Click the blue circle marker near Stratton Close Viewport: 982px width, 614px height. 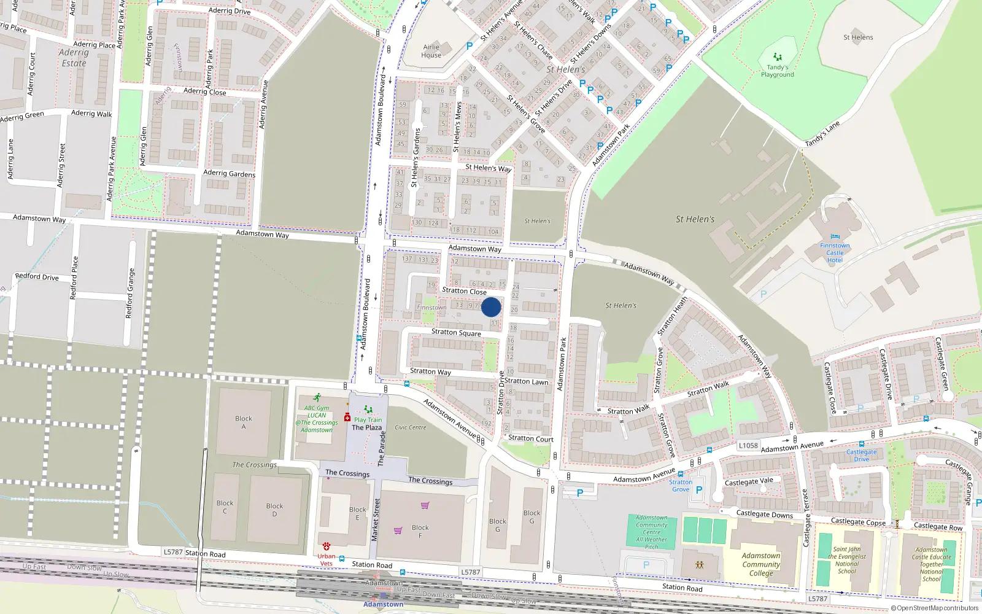[490, 307]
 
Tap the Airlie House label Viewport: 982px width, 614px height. [431, 51]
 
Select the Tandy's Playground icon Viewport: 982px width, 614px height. [778, 57]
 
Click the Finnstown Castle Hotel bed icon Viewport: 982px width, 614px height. [835, 237]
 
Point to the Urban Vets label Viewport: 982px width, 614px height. [326, 559]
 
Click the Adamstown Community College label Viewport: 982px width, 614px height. [761, 564]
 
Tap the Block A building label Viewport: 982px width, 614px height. [244, 422]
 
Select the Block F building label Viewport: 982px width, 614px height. [420, 531]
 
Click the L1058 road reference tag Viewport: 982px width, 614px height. [748, 446]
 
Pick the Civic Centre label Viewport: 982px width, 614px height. [411, 427]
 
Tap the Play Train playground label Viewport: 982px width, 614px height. [368, 420]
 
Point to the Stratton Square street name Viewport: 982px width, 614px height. [456, 332]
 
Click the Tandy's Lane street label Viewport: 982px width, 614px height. [822, 134]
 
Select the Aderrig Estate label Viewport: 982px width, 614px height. [74, 58]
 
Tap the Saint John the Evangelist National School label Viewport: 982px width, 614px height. [846, 560]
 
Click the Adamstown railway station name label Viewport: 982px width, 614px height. [383, 604]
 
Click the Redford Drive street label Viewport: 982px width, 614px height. [37, 277]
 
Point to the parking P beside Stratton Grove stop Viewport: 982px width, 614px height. [698, 490]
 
